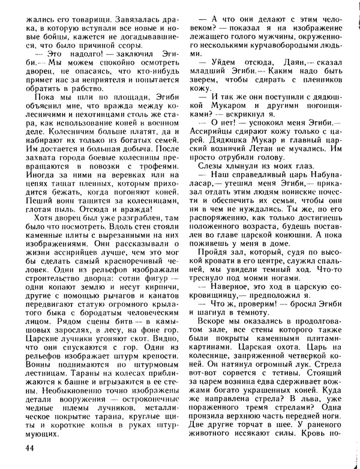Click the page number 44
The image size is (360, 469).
coord(31,449)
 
